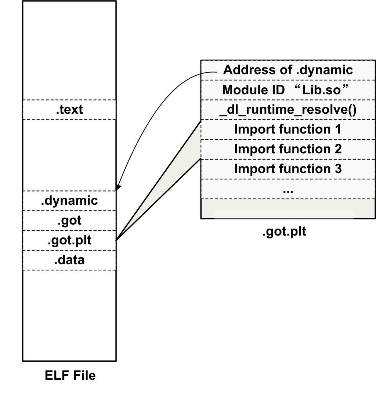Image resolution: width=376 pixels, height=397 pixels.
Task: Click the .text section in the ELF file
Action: click(x=69, y=110)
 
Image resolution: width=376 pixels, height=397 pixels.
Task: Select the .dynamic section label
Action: click(x=69, y=201)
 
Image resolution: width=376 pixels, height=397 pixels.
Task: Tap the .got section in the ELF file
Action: click(x=69, y=221)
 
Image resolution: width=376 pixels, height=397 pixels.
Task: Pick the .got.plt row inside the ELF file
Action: click(x=69, y=241)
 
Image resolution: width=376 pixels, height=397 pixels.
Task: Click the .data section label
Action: click(x=69, y=260)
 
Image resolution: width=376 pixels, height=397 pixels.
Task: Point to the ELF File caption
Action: click(x=70, y=375)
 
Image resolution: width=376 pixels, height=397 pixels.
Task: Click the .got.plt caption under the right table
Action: click(x=284, y=232)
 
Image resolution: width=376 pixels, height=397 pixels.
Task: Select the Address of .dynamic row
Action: click(x=288, y=70)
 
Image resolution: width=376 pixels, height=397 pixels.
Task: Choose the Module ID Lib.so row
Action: click(x=288, y=90)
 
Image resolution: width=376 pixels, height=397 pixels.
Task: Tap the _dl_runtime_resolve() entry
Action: click(x=288, y=110)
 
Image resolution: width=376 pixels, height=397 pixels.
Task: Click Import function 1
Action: click(x=288, y=130)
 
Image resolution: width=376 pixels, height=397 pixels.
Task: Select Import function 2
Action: click(x=288, y=149)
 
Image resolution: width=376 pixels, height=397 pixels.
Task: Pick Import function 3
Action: click(x=288, y=169)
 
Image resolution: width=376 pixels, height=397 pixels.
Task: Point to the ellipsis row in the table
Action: click(x=288, y=190)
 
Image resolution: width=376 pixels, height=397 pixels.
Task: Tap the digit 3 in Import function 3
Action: click(x=338, y=169)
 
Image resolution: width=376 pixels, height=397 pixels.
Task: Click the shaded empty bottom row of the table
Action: click(x=288, y=209)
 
